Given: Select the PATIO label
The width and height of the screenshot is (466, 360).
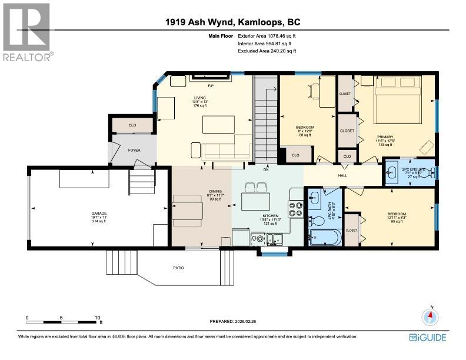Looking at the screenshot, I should (x=178, y=268).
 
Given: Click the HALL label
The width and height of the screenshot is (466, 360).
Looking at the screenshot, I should (x=342, y=175).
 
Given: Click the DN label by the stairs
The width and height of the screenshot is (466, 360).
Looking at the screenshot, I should (x=266, y=169).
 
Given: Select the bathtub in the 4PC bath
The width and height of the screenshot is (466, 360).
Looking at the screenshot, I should (x=324, y=239).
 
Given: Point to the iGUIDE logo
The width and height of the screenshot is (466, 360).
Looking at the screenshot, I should (x=427, y=337).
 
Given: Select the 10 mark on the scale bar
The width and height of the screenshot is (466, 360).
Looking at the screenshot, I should (x=98, y=318).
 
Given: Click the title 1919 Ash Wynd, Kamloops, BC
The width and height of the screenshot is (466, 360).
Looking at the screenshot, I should (x=233, y=23).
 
